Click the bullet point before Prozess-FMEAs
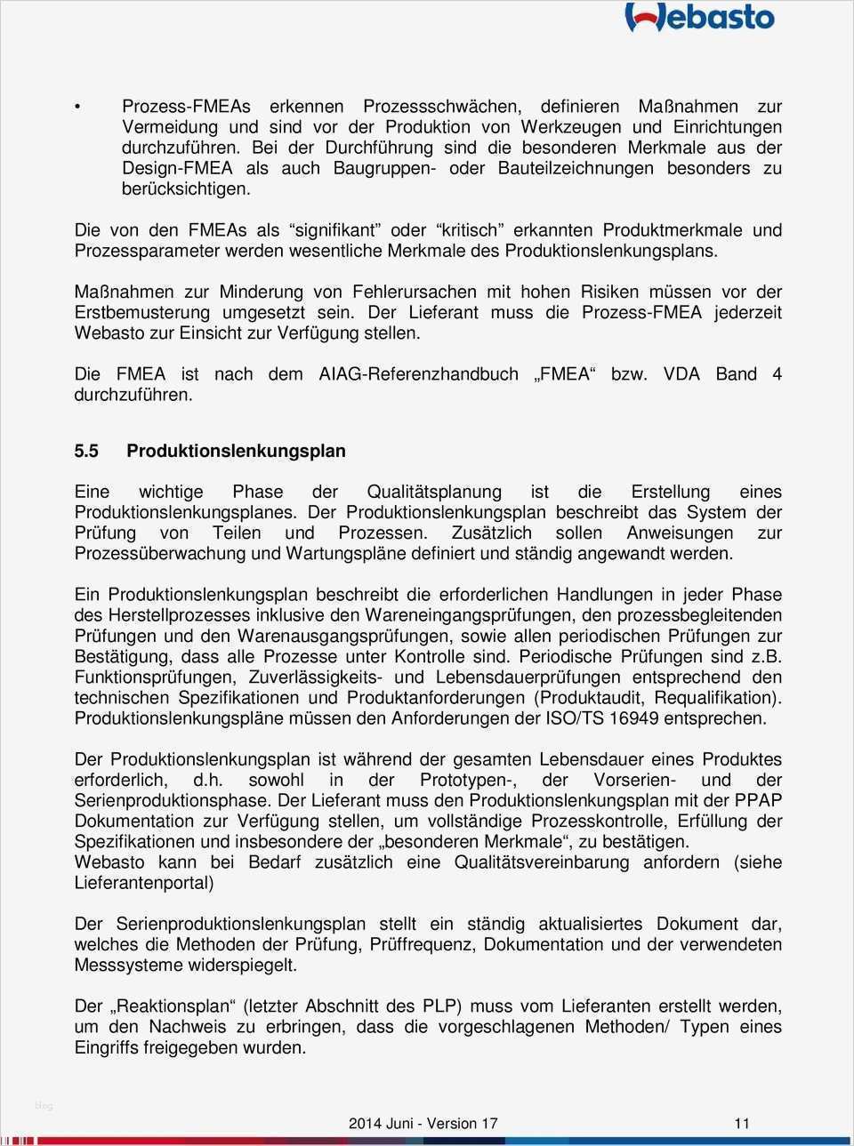[78, 107]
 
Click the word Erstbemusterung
[142, 313]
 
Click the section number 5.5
[86, 451]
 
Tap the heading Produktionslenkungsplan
[236, 451]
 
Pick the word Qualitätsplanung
[434, 492]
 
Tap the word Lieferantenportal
[144, 883]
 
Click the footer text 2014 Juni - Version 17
[423, 1123]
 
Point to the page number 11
[741, 1123]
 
